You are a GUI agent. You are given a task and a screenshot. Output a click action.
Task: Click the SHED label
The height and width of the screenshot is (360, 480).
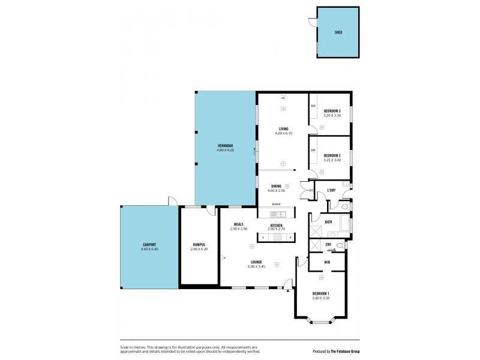coord(338,32)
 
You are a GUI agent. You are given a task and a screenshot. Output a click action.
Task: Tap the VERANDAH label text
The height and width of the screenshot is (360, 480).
coord(225,146)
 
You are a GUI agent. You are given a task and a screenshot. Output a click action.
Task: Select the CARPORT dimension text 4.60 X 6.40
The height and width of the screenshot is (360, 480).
coord(150,248)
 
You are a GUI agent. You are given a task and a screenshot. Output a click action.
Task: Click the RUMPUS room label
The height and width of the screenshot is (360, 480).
coord(199,244)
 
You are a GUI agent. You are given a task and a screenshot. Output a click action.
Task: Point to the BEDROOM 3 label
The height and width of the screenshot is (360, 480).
coord(332,111)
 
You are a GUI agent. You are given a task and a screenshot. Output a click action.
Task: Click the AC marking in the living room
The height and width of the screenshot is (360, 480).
coord(283,97)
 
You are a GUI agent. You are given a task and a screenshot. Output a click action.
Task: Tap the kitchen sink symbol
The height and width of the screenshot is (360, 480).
coord(281,214)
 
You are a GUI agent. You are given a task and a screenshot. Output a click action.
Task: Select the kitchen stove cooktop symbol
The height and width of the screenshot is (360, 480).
coord(277,238)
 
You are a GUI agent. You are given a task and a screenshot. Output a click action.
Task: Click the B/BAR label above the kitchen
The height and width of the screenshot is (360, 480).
coord(275,205)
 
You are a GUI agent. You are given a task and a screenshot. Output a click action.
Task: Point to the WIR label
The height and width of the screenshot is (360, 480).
coord(327,262)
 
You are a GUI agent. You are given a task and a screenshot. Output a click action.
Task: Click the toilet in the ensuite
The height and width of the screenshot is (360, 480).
coord(340,245)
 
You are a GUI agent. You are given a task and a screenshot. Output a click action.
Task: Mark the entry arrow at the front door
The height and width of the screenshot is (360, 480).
coord(288,291)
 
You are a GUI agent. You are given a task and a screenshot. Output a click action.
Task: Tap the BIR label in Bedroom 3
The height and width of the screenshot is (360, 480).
coord(313,106)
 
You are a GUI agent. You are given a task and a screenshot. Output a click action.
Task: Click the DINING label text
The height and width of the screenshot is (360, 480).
coord(276,187)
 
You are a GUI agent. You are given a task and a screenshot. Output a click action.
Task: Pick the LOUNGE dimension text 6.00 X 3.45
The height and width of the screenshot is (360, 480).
coord(259,266)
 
